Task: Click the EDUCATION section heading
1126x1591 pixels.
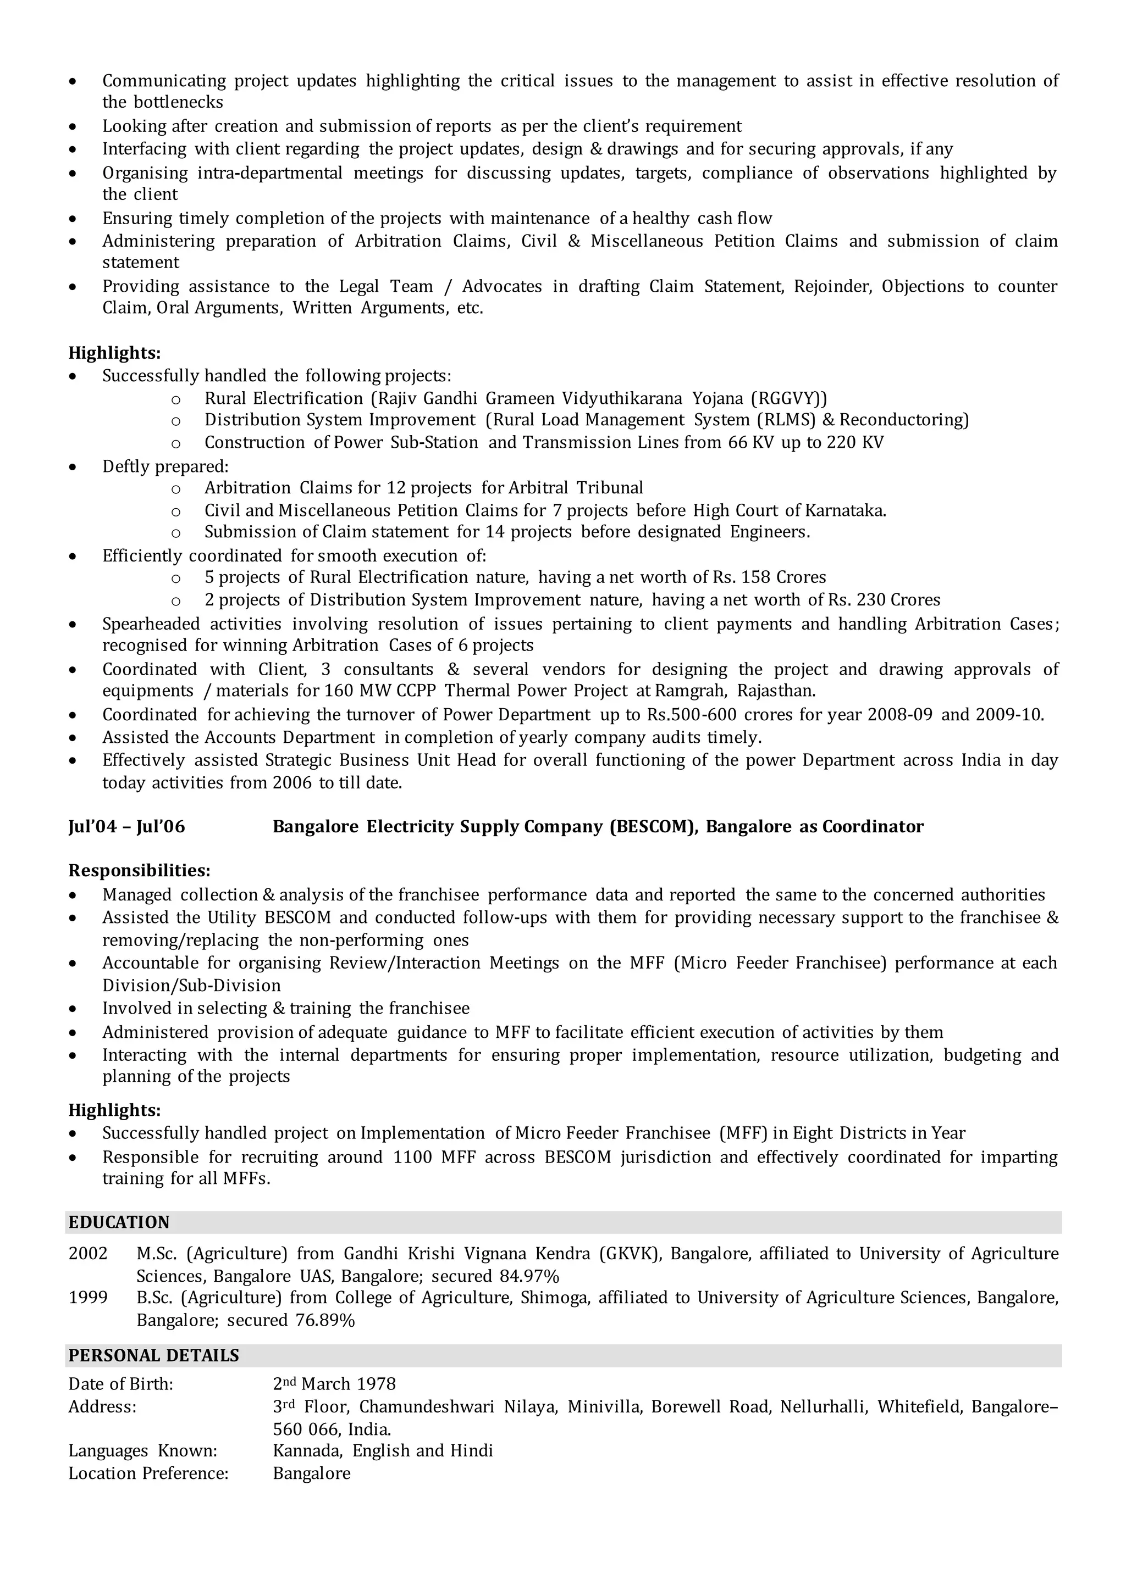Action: pos(119,1222)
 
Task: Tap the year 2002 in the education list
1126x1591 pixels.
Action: pos(88,1254)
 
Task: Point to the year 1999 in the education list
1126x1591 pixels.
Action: pos(88,1297)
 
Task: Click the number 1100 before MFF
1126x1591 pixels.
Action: pos(412,1156)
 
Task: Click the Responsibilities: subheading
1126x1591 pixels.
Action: pos(139,870)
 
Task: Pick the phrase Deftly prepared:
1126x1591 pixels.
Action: pos(165,466)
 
